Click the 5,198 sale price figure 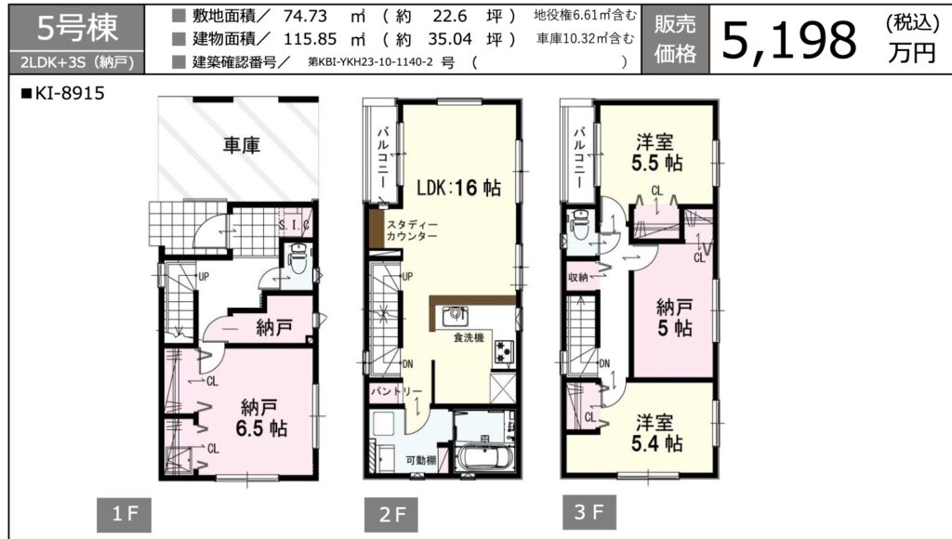pyautogui.click(x=789, y=40)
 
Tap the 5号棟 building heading pyautogui.click(x=77, y=28)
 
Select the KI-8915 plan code pyautogui.click(x=63, y=93)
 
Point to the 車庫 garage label pyautogui.click(x=242, y=145)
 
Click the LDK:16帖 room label pyautogui.click(x=459, y=188)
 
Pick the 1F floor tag pyautogui.click(x=124, y=515)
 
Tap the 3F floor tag pyautogui.click(x=588, y=512)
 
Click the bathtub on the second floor pyautogui.click(x=485, y=457)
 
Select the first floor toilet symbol pyautogui.click(x=298, y=260)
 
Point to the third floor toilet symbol pyautogui.click(x=580, y=225)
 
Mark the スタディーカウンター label pyautogui.click(x=412, y=230)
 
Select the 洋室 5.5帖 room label pyautogui.click(x=655, y=153)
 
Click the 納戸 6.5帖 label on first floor pyautogui.click(x=261, y=417)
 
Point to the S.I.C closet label pyautogui.click(x=295, y=225)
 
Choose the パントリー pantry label pyautogui.click(x=396, y=391)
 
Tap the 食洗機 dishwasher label pyautogui.click(x=469, y=337)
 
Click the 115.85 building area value pyautogui.click(x=311, y=39)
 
